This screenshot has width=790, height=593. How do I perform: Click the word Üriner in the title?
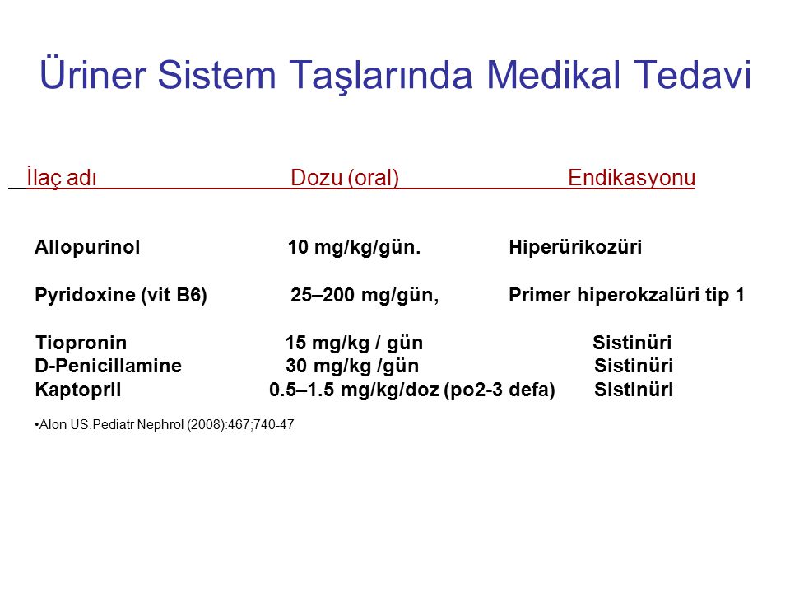[93, 74]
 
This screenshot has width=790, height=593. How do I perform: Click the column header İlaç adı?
[62, 177]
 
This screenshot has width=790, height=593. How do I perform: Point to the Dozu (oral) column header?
[345, 178]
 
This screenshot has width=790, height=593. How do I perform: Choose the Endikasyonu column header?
[632, 178]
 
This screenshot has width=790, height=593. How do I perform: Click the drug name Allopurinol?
[87, 247]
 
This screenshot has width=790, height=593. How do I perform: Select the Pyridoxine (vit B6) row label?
[121, 295]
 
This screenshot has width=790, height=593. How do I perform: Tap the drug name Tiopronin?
[81, 343]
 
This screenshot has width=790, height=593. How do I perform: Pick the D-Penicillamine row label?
[109, 366]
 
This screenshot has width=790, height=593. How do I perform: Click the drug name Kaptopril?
[78, 390]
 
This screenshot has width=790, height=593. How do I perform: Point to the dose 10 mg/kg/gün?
[354, 248]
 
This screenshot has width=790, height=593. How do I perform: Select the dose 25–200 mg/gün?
[365, 295]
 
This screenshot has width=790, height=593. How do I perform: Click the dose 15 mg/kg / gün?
[354, 343]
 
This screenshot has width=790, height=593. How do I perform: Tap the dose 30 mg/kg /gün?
[352, 366]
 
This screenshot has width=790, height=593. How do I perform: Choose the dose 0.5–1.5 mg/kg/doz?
[354, 390]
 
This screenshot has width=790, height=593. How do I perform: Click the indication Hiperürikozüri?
[575, 247]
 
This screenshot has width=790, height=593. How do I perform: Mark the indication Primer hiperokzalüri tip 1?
[627, 295]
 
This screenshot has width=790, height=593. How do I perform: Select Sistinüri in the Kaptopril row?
[634, 390]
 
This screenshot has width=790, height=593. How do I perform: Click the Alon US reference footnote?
[165, 425]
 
